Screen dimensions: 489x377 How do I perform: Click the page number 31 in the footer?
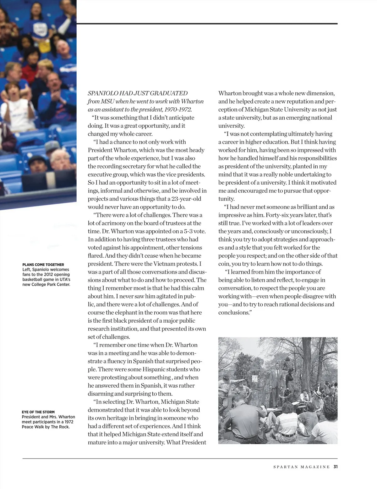click(x=335, y=467)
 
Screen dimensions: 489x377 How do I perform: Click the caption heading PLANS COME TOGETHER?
click(x=43, y=265)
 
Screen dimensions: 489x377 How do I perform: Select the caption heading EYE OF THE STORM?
click(x=38, y=412)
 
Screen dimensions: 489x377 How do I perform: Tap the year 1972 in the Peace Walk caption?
click(x=68, y=422)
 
